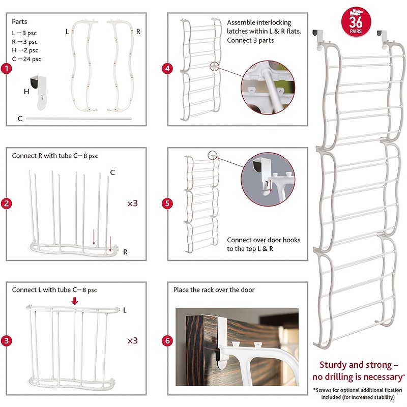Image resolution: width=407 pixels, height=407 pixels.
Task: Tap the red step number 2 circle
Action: click(5, 203)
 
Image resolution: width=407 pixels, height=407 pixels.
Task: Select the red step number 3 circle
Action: click(5, 340)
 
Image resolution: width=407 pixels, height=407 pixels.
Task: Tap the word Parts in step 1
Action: click(20, 22)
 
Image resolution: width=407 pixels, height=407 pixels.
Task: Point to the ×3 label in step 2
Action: click(132, 203)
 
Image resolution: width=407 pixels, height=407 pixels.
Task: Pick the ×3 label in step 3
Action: click(132, 340)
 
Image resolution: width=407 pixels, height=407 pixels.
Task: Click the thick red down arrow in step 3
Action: click(75, 301)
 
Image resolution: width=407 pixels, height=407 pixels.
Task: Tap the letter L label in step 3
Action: click(125, 310)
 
